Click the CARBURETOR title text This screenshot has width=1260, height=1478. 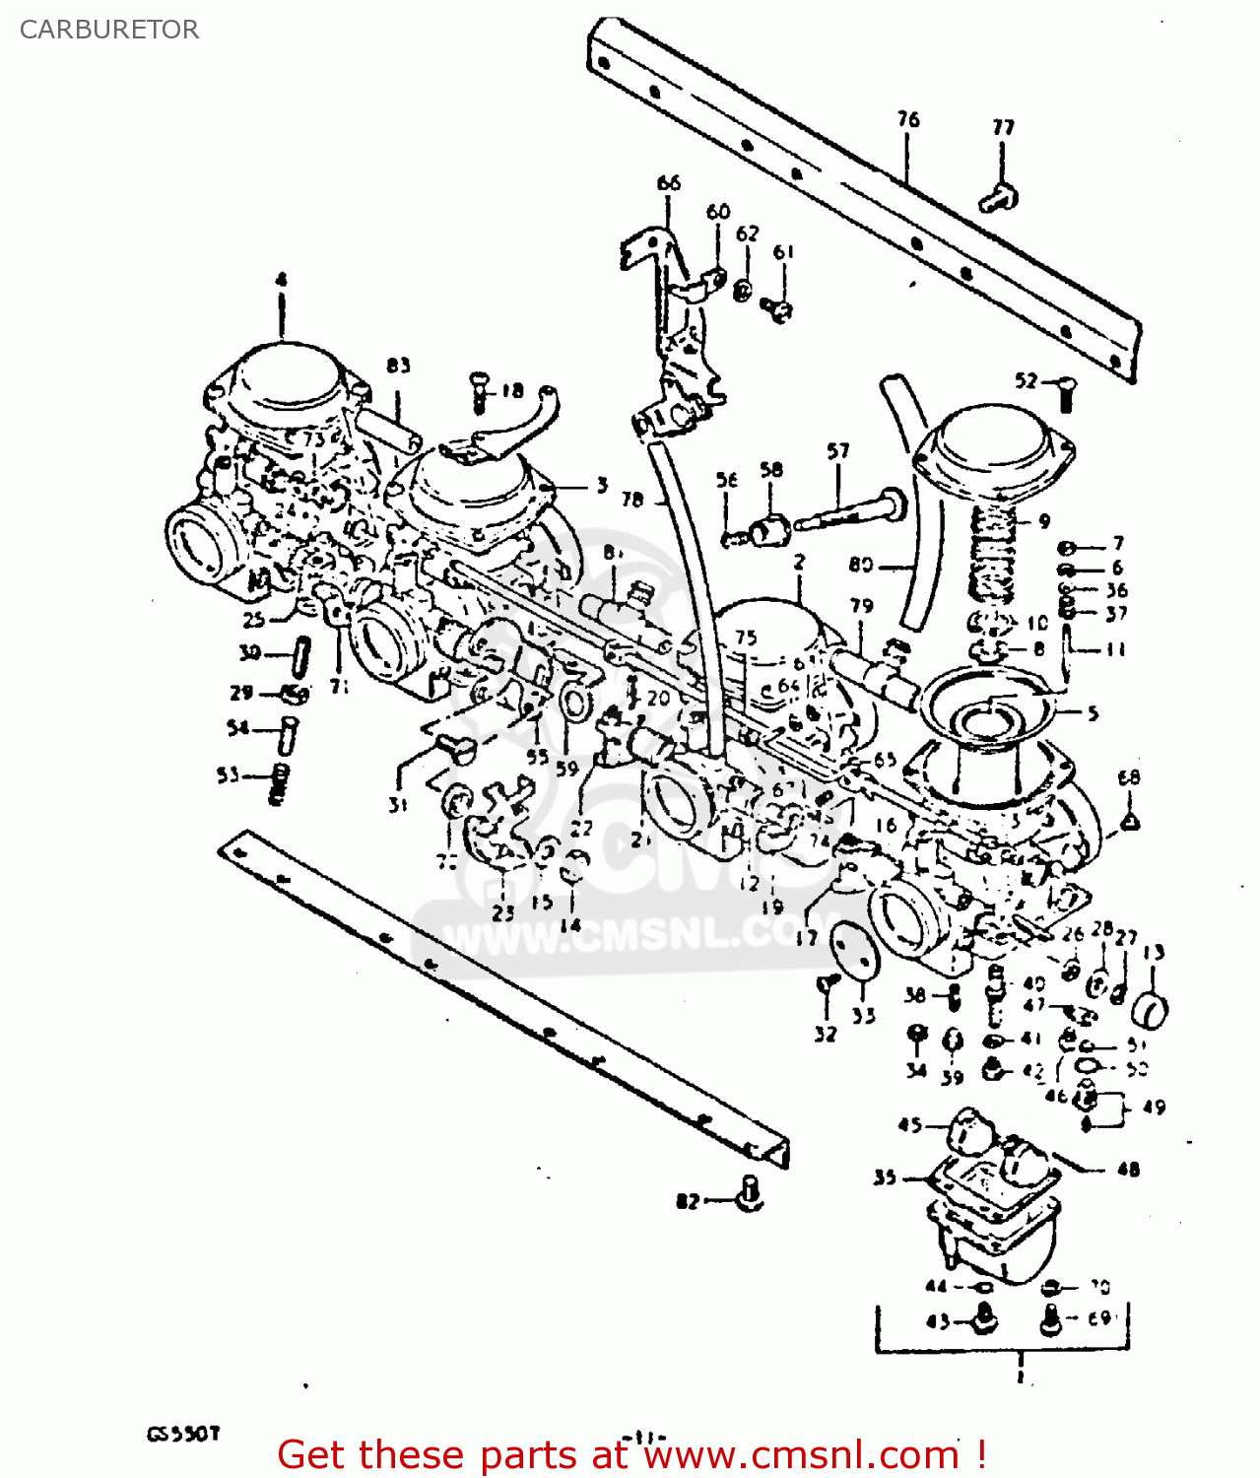[x=109, y=30]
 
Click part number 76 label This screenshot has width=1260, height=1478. [x=907, y=119]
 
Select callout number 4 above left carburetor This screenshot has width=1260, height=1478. [x=281, y=280]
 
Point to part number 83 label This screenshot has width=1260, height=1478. [x=398, y=366]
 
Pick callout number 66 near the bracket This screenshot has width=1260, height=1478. [x=668, y=182]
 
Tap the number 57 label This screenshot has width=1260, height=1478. [x=837, y=451]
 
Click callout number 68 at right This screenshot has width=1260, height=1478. [x=1129, y=777]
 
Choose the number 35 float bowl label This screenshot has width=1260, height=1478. [x=884, y=1177]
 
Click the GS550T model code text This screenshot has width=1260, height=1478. [x=183, y=1434]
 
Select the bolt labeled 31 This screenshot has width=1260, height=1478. [x=455, y=748]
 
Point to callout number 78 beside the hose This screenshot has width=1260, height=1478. [x=632, y=500]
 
